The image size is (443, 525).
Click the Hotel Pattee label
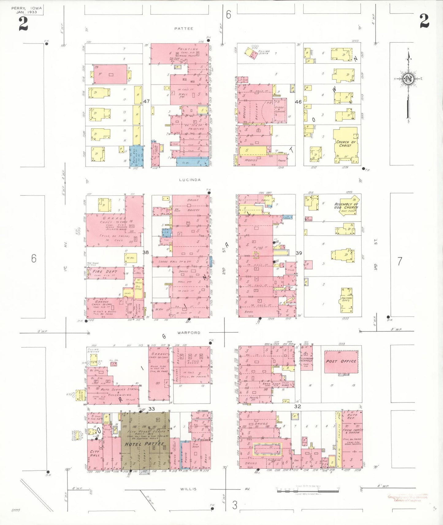(144, 444)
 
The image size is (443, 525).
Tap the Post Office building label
(341, 361)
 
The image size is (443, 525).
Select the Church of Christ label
(346, 144)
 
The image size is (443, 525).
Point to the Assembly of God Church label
(346, 206)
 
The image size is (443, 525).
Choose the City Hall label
(95, 453)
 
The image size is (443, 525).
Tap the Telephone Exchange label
(306, 360)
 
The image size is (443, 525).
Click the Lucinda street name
(190, 180)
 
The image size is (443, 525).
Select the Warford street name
(189, 333)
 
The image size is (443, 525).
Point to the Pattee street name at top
(184, 28)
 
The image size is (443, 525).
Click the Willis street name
(188, 489)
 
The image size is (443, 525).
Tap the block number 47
(147, 101)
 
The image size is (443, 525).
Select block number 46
(298, 102)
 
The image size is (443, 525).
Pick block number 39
(299, 253)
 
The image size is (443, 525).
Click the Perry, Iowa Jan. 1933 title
(27, 10)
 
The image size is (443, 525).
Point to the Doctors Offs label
(347, 299)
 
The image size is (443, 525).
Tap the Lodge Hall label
(168, 262)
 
